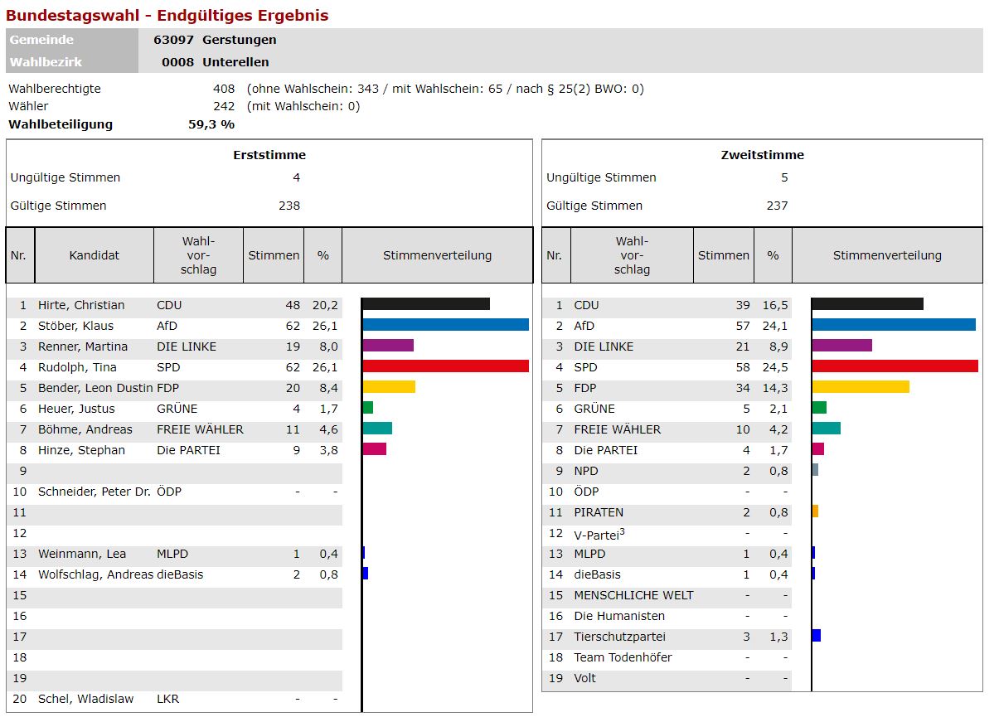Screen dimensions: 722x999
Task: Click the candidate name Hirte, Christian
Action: coord(81,305)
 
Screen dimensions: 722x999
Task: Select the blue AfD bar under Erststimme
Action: coord(445,325)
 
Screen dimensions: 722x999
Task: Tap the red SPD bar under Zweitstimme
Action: coord(895,366)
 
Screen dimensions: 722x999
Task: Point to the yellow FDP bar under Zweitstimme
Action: coord(861,387)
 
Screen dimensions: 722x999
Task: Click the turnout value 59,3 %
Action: coord(211,124)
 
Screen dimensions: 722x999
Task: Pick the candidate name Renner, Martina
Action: coord(83,346)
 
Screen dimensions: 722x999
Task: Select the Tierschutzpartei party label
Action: coord(619,637)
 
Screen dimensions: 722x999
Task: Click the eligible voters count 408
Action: coord(224,89)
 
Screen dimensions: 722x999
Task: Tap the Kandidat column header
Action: coord(95,255)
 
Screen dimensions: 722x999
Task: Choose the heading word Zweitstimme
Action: coord(762,155)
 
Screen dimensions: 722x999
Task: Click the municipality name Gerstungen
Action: coord(240,40)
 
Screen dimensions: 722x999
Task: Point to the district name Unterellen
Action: coord(235,62)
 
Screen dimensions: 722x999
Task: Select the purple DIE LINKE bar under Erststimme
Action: coord(388,346)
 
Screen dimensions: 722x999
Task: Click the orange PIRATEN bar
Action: coord(815,511)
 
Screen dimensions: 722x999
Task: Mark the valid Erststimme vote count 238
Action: coord(289,206)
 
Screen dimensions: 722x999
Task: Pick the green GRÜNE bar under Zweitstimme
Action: coord(819,408)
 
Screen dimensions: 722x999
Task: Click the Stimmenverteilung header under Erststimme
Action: coord(437,255)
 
